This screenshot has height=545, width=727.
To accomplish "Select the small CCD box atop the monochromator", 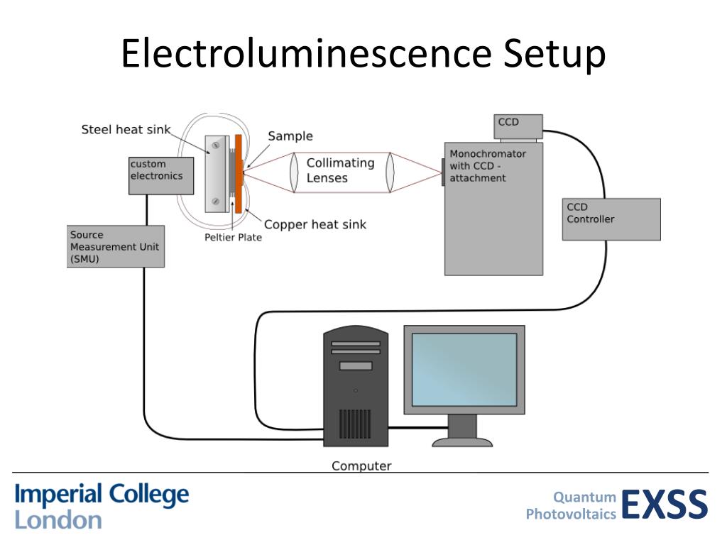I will coord(518,127).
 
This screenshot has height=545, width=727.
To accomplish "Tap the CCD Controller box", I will coord(611,219).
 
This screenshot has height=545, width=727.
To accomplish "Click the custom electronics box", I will coord(161,175).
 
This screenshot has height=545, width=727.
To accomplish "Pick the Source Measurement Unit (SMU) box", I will coord(116,246).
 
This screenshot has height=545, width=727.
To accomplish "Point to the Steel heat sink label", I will coord(126,129).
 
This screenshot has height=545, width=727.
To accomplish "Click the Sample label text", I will coord(290,136).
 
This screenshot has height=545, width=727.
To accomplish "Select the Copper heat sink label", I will coord(315,225).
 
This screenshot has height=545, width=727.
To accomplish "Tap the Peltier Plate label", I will coord(233,238).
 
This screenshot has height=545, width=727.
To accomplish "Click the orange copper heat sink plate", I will coord(239,174).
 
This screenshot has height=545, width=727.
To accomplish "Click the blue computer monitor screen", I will coord(464,369).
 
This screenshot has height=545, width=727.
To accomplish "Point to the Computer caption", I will coord(361,466).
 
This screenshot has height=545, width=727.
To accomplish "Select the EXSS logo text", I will coord(665,505).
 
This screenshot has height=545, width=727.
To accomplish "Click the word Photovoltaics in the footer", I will coord(572,514).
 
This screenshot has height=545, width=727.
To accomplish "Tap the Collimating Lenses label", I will coord(340,170).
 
